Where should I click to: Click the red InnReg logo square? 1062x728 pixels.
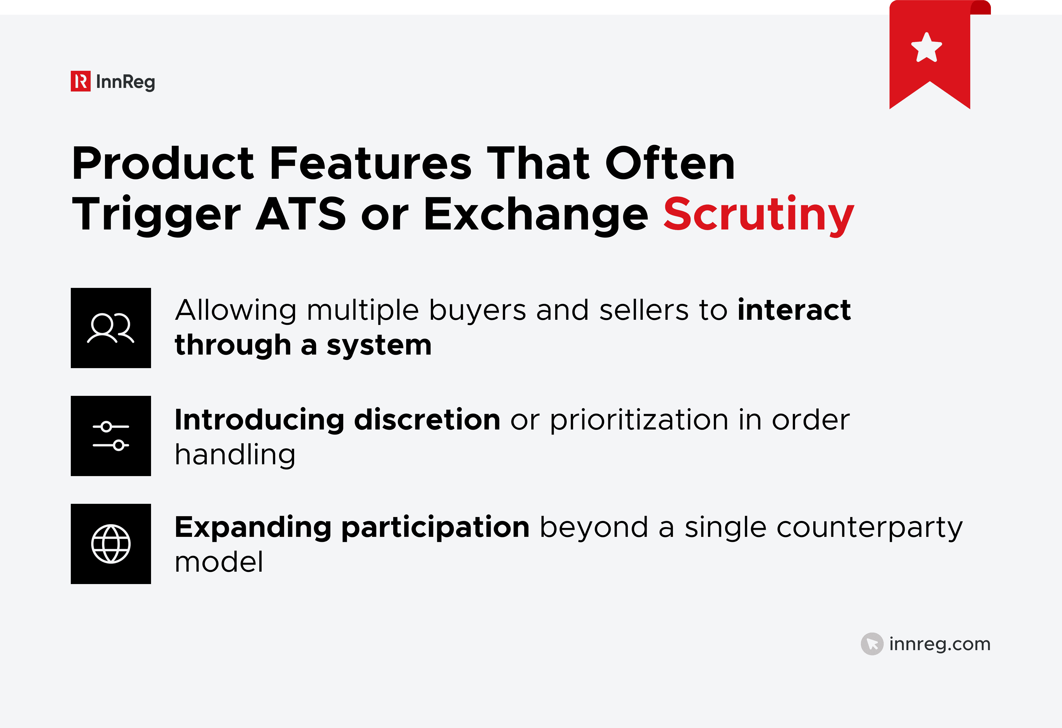(81, 81)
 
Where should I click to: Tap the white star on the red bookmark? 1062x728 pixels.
(926, 47)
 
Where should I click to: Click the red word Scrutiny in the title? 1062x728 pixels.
(758, 214)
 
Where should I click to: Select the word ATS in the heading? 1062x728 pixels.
(301, 214)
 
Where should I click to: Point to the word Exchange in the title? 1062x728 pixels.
(535, 214)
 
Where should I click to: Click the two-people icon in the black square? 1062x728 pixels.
(111, 328)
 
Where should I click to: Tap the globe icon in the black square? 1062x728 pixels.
(111, 544)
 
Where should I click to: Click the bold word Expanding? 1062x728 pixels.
(253, 527)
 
